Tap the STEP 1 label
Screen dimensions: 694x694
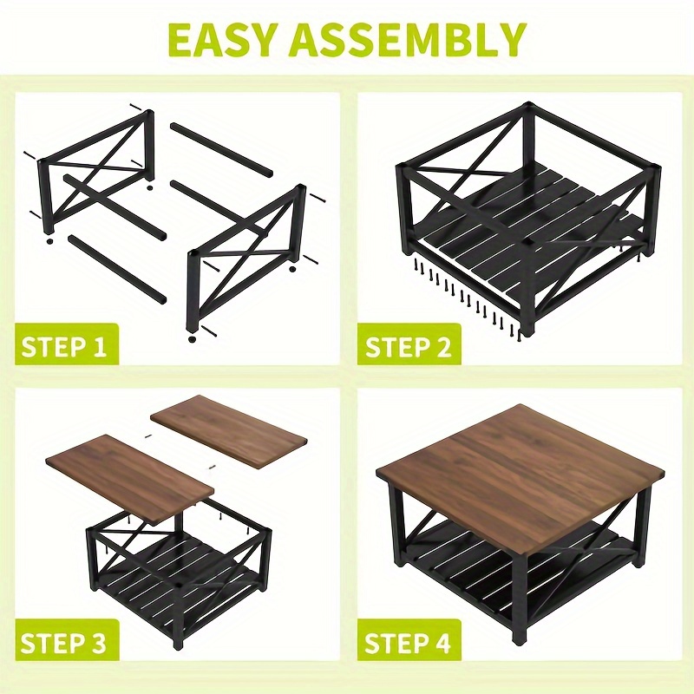click(x=64, y=346)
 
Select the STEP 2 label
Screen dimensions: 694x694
click(x=408, y=346)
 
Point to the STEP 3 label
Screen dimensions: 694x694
click(x=63, y=643)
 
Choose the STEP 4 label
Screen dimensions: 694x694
click(x=408, y=643)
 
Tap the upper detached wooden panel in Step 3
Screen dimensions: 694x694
click(x=229, y=431)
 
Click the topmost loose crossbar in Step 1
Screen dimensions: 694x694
click(x=221, y=148)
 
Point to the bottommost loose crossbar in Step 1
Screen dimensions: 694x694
click(x=117, y=269)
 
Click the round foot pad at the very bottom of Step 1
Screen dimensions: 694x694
click(x=192, y=339)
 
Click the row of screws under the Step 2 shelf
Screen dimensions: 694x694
click(x=466, y=298)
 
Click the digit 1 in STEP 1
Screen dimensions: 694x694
click(x=100, y=346)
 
